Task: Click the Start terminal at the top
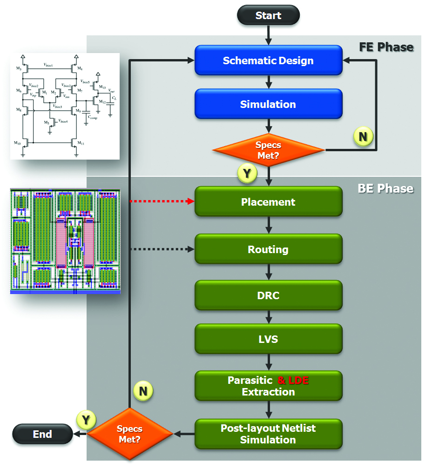coord(269,15)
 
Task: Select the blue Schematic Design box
coord(269,60)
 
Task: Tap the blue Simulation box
coord(269,104)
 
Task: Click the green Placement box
coord(269,202)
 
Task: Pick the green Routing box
coord(269,249)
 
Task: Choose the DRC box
coord(269,295)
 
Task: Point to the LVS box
coord(269,339)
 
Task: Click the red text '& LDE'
coord(293,381)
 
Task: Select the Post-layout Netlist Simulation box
coord(269,434)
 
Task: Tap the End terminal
coord(42,434)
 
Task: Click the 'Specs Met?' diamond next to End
coord(130,434)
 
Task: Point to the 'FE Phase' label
coord(386,47)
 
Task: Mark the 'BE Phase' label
coord(385,188)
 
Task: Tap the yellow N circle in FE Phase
coord(363,137)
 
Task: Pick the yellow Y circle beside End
coord(86,420)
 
